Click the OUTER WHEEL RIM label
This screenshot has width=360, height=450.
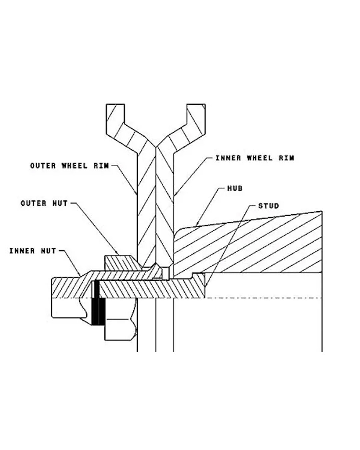(69, 166)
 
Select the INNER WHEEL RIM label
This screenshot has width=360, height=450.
(255, 158)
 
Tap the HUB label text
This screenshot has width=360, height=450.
(235, 188)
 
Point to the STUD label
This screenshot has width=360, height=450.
(268, 206)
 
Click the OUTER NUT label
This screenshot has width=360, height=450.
(44, 203)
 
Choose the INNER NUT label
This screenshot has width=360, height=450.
(33, 251)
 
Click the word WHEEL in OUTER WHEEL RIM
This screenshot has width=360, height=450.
(74, 166)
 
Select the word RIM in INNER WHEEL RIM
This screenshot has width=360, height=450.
(286, 158)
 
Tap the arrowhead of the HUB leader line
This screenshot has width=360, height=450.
(196, 226)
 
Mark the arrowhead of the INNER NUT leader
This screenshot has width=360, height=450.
(80, 275)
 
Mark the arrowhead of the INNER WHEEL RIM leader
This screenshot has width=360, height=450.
(174, 195)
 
